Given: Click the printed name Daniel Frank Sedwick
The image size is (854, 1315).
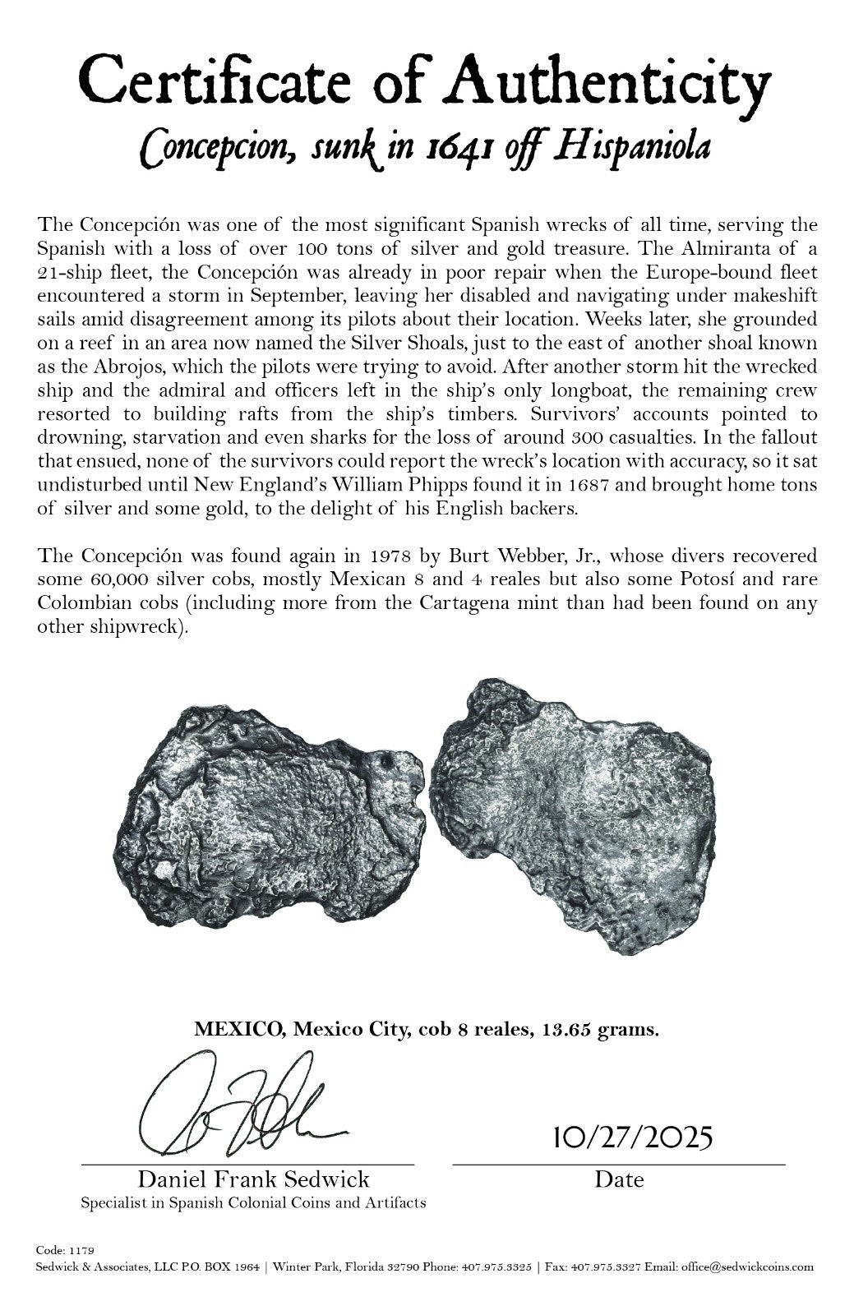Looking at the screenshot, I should pyautogui.click(x=253, y=1180).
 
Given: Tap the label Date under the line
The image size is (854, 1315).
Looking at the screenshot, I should pyautogui.click(x=619, y=1180).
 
